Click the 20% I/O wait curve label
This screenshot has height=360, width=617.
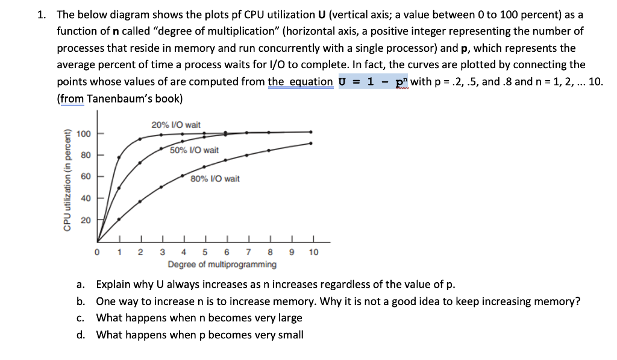click(176, 125)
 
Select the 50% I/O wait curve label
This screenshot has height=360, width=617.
click(194, 150)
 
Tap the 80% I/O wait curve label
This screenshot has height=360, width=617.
click(215, 178)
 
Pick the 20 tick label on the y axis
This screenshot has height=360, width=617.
click(85, 220)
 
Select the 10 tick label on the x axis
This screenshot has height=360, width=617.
click(313, 253)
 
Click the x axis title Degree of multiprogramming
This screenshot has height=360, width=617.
click(222, 264)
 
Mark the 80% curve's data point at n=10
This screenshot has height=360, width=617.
click(312, 143)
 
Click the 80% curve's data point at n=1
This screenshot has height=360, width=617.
click(119, 219)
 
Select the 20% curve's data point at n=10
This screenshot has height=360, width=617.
click(312, 131)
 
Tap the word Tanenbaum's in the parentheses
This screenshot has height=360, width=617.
click(115, 98)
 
